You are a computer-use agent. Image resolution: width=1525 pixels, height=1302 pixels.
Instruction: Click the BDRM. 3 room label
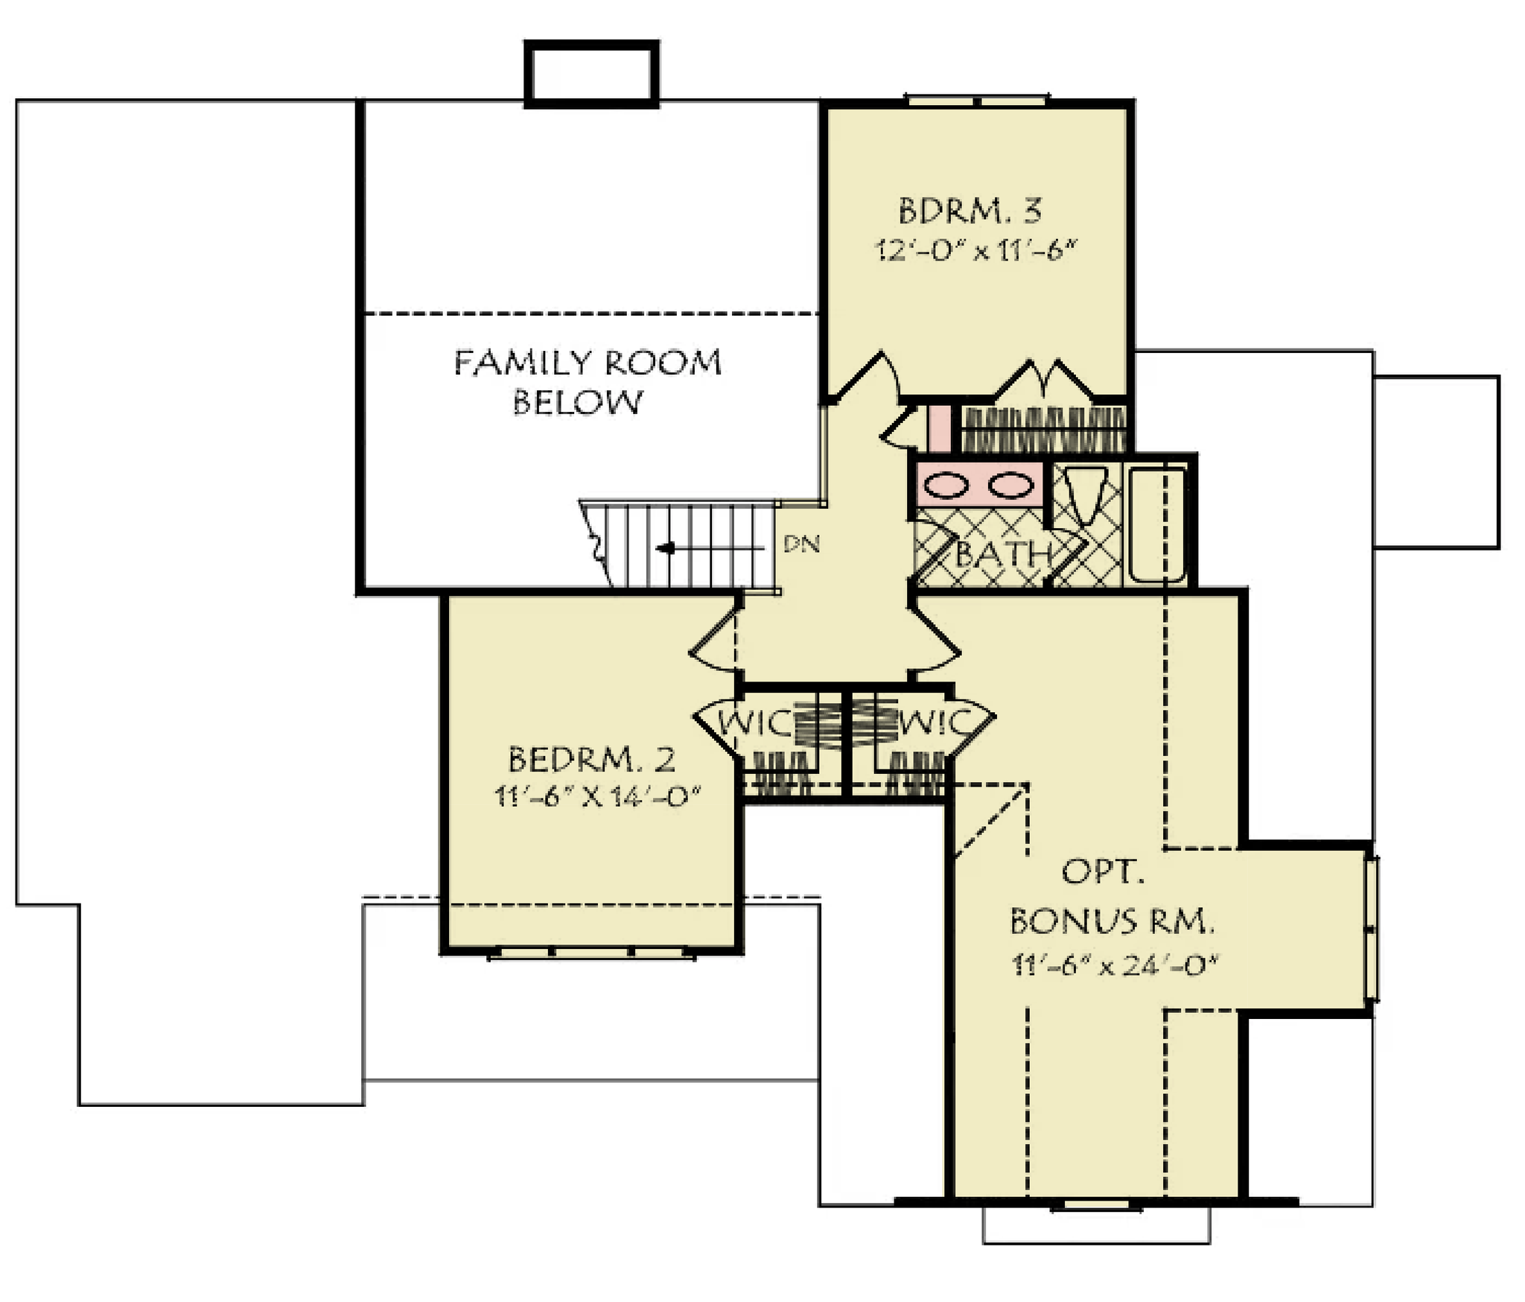tap(970, 211)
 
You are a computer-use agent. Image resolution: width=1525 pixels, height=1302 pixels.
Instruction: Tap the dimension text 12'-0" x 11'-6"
tap(976, 251)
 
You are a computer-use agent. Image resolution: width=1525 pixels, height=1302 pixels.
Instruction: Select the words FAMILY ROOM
tap(588, 363)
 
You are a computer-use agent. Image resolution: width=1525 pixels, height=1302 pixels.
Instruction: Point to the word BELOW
tap(577, 402)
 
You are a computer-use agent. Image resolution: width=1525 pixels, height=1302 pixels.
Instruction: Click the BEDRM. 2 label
tap(592, 760)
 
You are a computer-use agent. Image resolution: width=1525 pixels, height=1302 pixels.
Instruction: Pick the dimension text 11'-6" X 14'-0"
tap(599, 797)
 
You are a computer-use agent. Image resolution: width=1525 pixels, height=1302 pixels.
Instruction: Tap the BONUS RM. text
tap(1112, 922)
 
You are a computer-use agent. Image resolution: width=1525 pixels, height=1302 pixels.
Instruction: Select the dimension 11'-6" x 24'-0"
tap(1114, 966)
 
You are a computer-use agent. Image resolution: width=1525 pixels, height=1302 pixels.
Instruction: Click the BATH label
tap(1003, 553)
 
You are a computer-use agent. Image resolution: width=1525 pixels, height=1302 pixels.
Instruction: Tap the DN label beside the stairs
tap(801, 544)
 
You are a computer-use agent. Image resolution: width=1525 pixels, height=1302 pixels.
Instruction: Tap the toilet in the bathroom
tap(1084, 495)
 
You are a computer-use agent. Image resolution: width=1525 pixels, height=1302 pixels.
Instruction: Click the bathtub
tap(1158, 524)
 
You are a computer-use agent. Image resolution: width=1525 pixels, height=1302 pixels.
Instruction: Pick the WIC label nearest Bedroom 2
tap(754, 723)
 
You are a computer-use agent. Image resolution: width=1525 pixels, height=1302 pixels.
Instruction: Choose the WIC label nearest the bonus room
tap(935, 723)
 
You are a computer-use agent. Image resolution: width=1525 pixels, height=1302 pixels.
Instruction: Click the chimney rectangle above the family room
tap(592, 74)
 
